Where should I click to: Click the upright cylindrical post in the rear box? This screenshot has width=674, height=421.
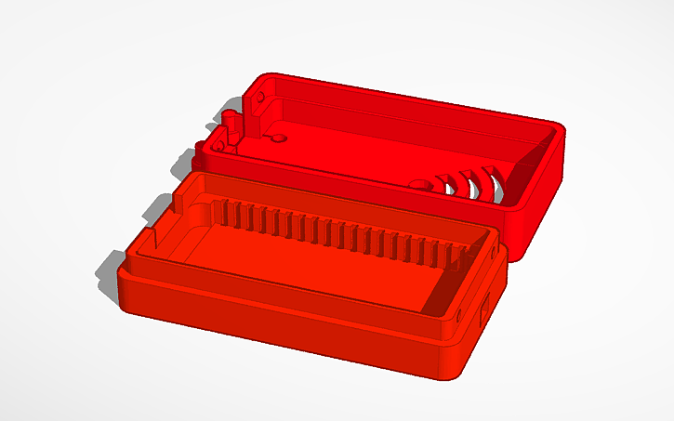pyautogui.click(x=226, y=126)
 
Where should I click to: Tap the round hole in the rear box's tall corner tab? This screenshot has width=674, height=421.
pyautogui.click(x=260, y=95)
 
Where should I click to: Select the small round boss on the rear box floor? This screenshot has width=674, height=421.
pyautogui.click(x=276, y=139)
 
